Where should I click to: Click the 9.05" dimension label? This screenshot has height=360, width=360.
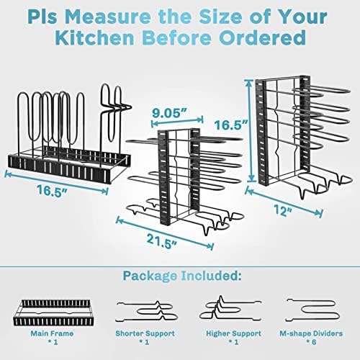point(170,113)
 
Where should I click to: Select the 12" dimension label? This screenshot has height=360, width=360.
point(283,210)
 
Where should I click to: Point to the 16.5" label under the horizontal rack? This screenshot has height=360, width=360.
point(52,191)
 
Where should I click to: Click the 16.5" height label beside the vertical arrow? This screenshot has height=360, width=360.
point(231,125)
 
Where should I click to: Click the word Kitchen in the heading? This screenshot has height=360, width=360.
point(94,37)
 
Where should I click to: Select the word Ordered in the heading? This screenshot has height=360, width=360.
point(262,37)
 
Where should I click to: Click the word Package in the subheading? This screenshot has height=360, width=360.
point(150,276)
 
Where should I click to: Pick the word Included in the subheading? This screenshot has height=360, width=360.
point(211,276)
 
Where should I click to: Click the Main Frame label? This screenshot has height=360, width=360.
point(52,333)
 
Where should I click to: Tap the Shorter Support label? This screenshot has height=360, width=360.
point(145,333)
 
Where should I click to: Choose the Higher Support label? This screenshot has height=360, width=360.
point(233,333)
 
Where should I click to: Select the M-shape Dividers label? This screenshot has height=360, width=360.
point(311,333)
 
